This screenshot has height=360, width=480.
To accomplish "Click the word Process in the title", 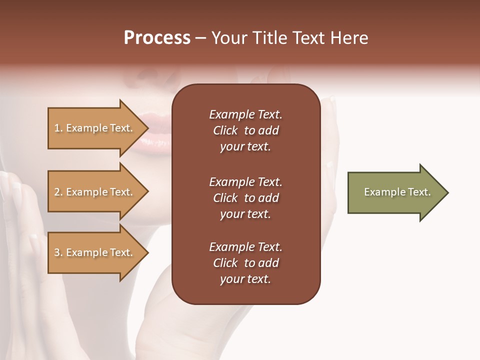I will tap(157, 38).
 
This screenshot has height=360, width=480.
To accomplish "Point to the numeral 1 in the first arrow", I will tap(56, 128).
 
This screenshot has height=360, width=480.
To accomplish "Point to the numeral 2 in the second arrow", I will tap(57, 192).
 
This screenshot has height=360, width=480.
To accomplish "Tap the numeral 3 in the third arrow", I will tap(57, 252).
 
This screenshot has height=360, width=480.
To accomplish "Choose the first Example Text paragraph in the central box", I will tap(245, 130).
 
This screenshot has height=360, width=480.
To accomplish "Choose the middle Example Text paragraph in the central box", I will tap(245, 198).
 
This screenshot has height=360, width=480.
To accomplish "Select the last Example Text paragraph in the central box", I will tap(245, 263).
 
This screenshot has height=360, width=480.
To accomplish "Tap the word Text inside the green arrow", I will tap(419, 192).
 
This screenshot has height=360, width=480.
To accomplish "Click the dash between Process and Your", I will tap(200, 38).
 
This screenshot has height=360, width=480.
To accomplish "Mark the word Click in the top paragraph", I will tap(225, 130).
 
